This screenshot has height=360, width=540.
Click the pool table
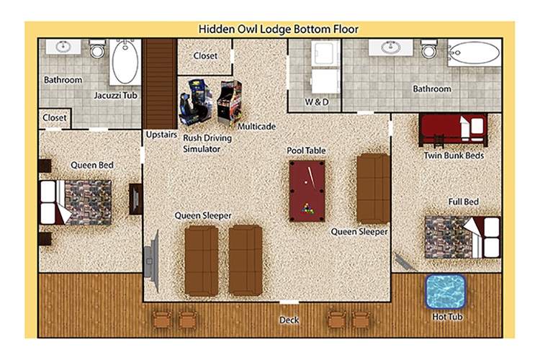(307, 191)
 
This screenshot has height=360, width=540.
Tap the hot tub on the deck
(445, 292)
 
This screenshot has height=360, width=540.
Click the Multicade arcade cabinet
(230, 102)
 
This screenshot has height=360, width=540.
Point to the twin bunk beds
(453, 130)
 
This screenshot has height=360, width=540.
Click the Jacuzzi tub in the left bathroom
(125, 62)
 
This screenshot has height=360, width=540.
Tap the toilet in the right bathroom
(429, 48)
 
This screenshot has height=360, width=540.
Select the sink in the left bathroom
(63, 47)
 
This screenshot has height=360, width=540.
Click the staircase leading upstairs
(160, 84)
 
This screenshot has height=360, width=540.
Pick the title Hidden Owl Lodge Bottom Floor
(278, 30)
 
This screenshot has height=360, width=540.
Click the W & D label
(317, 102)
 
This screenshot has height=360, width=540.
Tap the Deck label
(289, 320)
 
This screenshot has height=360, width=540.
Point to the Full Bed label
(463, 202)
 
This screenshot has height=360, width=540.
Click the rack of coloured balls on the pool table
(307, 208)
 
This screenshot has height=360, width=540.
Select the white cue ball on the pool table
(306, 182)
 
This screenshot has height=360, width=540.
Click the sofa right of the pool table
(373, 189)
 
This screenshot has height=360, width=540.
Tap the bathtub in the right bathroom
(474, 53)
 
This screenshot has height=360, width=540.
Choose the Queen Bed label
(92, 165)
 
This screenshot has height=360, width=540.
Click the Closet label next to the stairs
(205, 56)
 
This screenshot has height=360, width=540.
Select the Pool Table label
(306, 150)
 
